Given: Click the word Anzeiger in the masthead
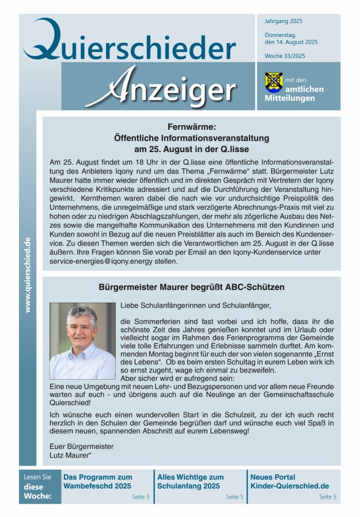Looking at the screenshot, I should tap(164, 88).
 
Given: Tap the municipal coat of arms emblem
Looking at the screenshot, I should tap(274, 82).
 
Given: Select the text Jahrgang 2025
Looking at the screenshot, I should tap(283, 21).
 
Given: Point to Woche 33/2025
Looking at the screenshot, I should tap(285, 56).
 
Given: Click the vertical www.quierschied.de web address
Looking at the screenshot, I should tap(28, 274).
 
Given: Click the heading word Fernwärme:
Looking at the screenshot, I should tap(192, 127).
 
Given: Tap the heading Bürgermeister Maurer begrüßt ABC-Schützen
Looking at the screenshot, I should tap(192, 286).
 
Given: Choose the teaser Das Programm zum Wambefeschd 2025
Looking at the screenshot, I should tap(97, 481).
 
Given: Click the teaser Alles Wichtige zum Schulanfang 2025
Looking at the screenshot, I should tap(191, 481).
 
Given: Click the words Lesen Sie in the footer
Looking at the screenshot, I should tap(37, 477).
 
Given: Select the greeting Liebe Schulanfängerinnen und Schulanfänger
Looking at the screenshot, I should tap(195, 305).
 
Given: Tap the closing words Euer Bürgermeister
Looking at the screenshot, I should tap(82, 446).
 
